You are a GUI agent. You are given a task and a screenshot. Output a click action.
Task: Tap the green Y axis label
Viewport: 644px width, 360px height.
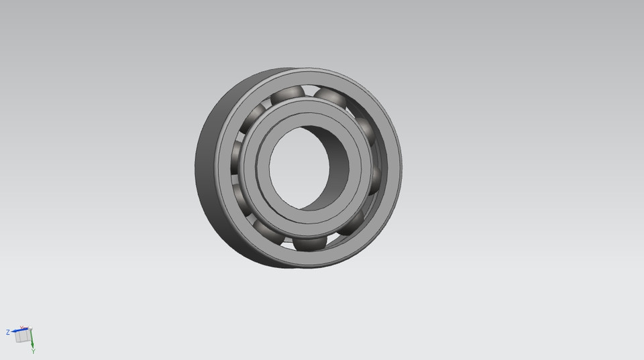pos(33,351)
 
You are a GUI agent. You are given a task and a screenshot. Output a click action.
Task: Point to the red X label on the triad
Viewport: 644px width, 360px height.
pos(21,327)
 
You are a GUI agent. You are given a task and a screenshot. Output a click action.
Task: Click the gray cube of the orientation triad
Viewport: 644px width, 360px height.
pos(23,337)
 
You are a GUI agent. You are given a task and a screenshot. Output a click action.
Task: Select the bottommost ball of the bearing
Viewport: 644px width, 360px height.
pos(309,243)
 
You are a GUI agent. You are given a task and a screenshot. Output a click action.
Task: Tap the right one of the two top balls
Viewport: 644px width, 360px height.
pos(329,97)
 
